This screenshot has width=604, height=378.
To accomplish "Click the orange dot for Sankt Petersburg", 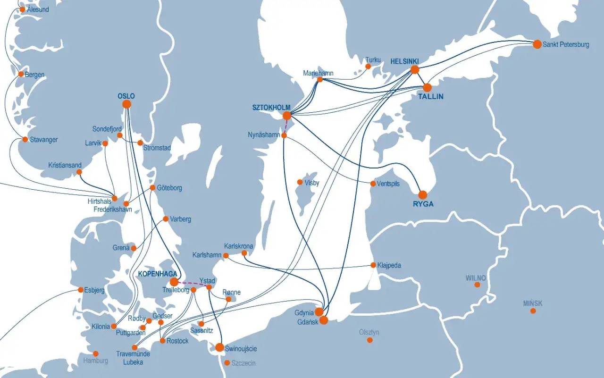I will [537, 44].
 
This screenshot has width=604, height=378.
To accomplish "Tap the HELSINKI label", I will [404, 61].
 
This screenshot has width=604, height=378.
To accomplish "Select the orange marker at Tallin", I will [427, 87].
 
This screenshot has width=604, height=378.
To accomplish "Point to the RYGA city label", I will [423, 204].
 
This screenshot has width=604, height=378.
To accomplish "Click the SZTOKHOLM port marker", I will [287, 116].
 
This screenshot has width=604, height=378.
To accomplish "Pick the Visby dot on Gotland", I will [300, 182].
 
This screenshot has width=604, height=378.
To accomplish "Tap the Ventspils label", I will [388, 184].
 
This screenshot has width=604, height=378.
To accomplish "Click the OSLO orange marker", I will [126, 104].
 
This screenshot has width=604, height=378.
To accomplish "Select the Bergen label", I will [34, 75].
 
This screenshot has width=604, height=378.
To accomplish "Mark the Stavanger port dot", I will [25, 139].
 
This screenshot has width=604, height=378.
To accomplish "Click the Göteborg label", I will [169, 188].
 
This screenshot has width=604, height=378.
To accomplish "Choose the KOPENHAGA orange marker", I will [174, 282].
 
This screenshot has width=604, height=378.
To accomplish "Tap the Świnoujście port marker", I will [219, 347].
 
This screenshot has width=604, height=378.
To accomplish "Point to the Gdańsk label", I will [308, 322].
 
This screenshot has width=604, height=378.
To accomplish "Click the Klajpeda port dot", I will [373, 265].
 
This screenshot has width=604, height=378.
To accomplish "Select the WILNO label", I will [475, 277].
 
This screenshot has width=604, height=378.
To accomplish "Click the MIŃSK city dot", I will [533, 311].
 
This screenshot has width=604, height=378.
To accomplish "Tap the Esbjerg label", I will [94, 290].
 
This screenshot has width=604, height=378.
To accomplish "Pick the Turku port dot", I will [368, 67].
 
